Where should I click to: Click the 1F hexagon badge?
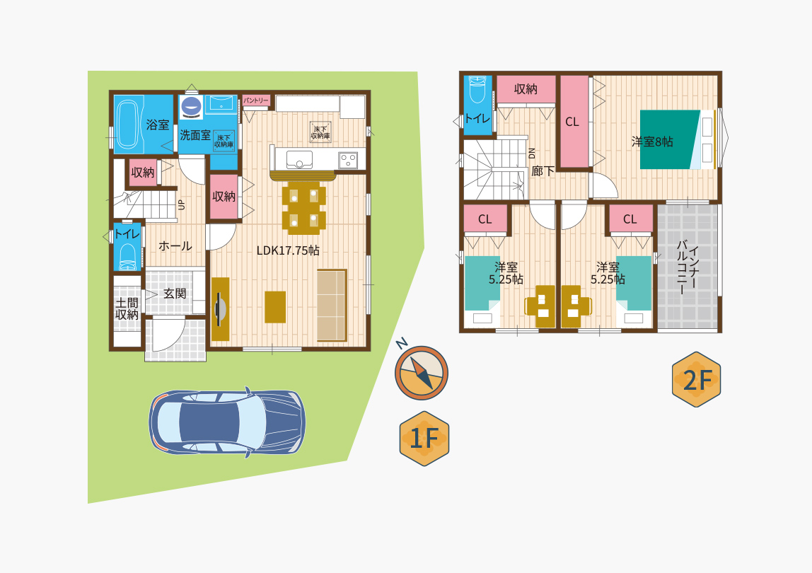point(424,439)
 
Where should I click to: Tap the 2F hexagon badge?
point(696,379)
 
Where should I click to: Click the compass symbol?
point(421,372)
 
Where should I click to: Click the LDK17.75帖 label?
point(288,250)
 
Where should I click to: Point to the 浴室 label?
point(158,125)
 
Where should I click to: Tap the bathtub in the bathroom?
point(129,125)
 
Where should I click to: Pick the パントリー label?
point(256,100)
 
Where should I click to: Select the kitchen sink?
point(299,160)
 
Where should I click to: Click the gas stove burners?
point(347,160)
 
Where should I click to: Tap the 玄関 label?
point(175,294)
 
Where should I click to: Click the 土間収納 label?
point(127,308)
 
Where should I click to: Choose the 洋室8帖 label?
point(652,142)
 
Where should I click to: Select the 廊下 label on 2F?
point(543,171)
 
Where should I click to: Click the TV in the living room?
point(219,308)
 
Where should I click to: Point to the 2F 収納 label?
point(526,89)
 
